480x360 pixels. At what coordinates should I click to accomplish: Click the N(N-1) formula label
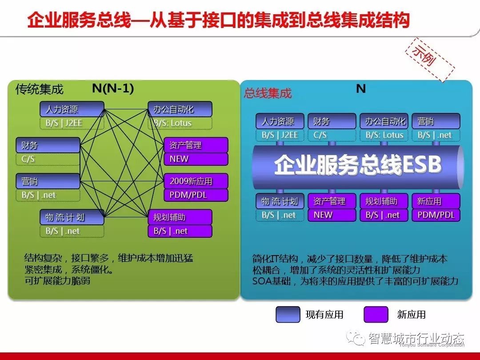pos(113,88)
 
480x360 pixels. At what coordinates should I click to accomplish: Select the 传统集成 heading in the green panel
pos(39,89)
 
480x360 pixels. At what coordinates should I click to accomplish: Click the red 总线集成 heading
pos(268,93)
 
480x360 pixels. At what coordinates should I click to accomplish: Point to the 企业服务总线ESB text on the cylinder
pos(357,165)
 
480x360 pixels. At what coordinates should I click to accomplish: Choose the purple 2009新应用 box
pos(196,181)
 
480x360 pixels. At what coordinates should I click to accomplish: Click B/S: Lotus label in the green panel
pos(172,123)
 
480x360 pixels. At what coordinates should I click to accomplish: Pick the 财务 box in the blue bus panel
pos(332,121)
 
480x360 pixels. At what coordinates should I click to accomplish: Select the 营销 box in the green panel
pos(48,181)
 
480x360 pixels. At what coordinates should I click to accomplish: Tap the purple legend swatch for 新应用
pos(376,314)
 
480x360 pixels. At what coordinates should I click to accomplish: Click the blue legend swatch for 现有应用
pos(288,314)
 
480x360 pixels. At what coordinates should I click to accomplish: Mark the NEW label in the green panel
pos(179,159)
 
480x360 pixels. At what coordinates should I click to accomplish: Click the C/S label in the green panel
pos(28,159)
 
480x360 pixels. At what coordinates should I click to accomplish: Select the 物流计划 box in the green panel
pos(72,217)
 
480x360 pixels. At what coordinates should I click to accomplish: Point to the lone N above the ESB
pos(361,89)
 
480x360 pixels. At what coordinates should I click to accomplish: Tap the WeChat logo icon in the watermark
pos(356,338)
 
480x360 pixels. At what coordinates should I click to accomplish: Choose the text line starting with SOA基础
pos(356,281)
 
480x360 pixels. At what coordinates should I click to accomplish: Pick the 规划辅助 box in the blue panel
pos(384,201)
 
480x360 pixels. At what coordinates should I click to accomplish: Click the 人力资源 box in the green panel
pos(72,109)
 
